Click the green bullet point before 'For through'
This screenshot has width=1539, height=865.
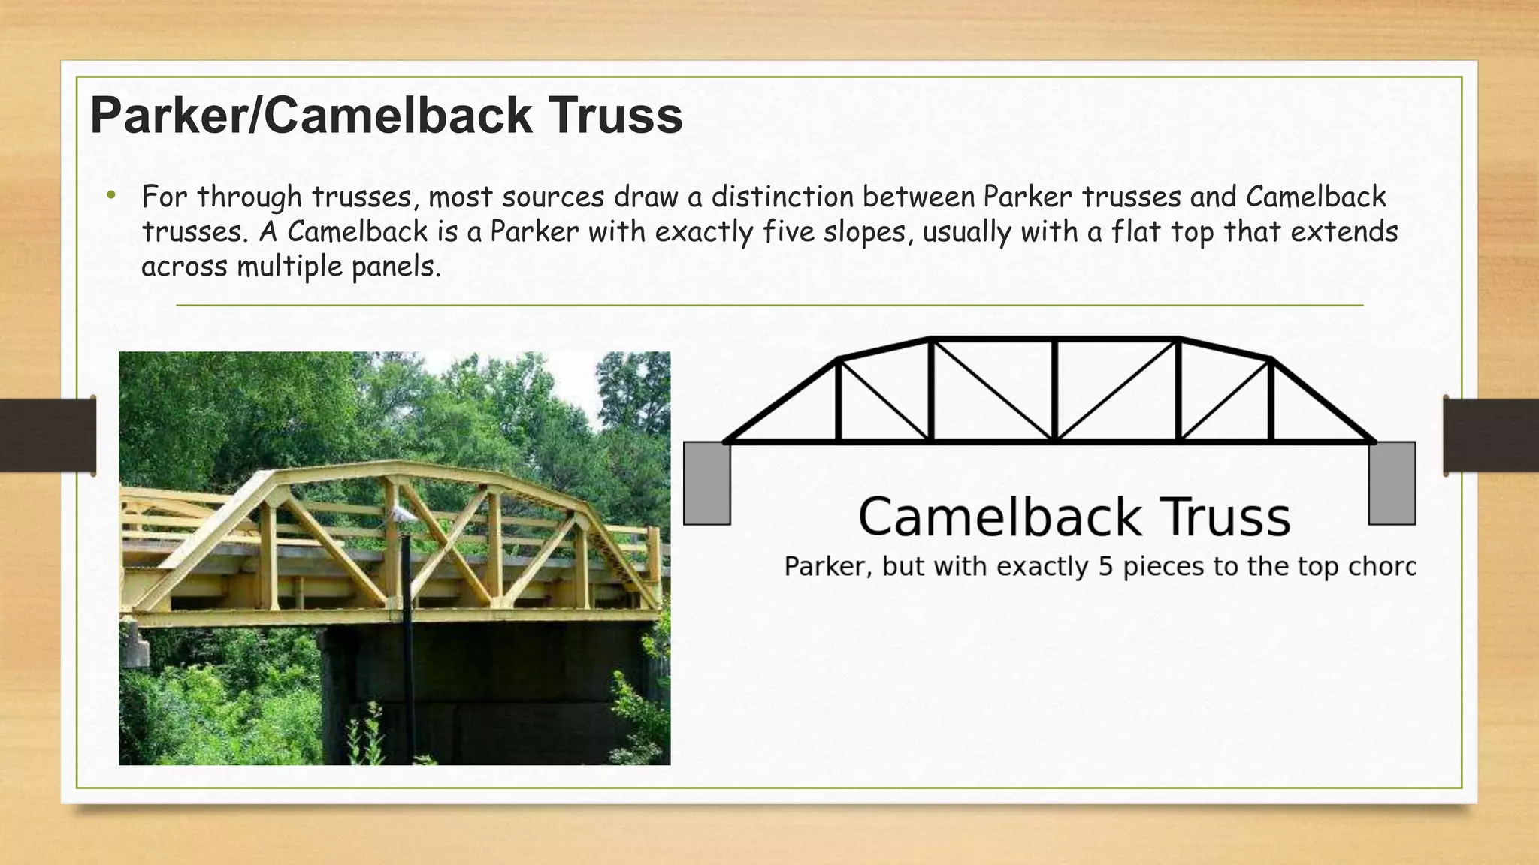111,196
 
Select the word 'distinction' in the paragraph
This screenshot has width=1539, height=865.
782,197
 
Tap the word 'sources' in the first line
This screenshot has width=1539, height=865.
553,197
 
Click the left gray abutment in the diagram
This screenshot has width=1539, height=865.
706,484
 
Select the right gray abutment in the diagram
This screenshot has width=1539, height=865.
1392,484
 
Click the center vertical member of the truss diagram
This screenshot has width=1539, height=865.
1055,390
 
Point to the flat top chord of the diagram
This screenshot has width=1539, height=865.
1055,339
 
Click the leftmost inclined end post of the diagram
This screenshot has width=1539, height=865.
782,400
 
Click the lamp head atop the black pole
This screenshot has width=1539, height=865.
404,514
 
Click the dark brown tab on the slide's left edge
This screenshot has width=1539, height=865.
47,436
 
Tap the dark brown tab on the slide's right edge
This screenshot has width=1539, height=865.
1491,436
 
